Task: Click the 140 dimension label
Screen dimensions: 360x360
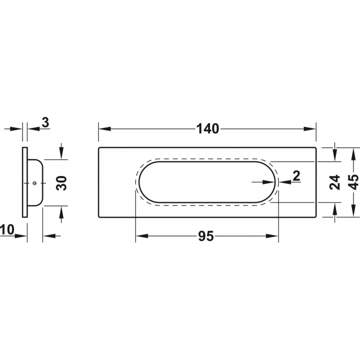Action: coord(208,129)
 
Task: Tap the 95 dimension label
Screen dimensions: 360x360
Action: coord(206,236)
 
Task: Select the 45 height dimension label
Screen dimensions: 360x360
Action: coord(353,182)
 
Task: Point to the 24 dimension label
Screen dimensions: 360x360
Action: coord(334,182)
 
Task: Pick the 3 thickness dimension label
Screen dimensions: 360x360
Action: coord(45,122)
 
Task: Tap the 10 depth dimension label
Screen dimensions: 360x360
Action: coord(7,229)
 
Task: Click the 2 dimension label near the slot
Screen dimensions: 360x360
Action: coord(296,176)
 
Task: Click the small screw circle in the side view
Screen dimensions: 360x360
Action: coord(34,183)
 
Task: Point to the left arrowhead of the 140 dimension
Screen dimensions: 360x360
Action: coord(104,129)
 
